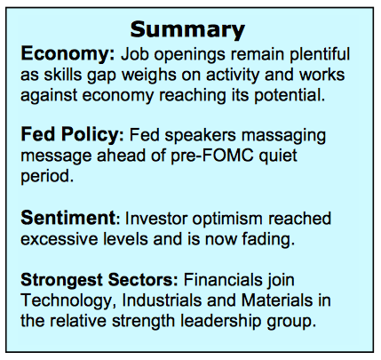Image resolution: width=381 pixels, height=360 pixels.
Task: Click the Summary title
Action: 187,30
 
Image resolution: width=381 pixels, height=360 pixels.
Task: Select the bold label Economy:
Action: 67,54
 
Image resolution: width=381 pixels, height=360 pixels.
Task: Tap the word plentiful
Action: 320,54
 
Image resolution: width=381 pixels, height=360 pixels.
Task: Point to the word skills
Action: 63,75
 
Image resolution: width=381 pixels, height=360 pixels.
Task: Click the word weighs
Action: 149,76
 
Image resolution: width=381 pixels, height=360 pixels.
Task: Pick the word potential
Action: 290,96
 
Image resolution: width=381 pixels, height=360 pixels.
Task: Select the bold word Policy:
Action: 92,135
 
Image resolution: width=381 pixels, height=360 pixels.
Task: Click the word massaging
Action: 283,136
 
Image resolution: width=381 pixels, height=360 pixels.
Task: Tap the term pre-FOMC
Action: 212,156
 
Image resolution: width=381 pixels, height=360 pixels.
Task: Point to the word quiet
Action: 278,156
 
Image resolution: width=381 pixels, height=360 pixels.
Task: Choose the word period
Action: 47,177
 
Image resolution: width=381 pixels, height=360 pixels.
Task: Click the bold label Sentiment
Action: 67,218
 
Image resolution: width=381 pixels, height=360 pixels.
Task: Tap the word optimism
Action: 227,220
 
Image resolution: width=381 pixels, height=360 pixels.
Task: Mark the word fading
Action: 268,239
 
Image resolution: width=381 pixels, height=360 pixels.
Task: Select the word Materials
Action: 277,300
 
